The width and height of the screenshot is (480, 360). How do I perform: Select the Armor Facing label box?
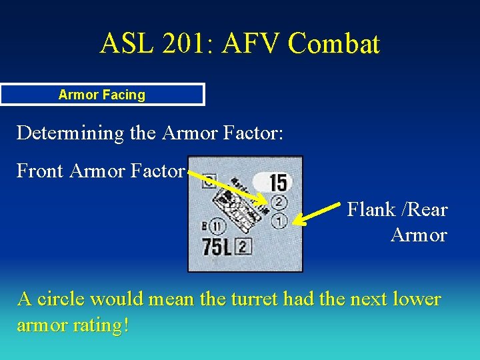(x=102, y=95)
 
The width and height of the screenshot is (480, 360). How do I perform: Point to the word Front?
(x=40, y=171)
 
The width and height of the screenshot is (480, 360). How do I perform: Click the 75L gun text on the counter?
(x=217, y=247)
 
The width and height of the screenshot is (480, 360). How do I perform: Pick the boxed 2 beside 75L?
(x=243, y=247)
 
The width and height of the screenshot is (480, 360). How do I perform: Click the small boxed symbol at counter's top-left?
(x=208, y=179)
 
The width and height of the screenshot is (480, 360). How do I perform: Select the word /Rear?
(x=425, y=210)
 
